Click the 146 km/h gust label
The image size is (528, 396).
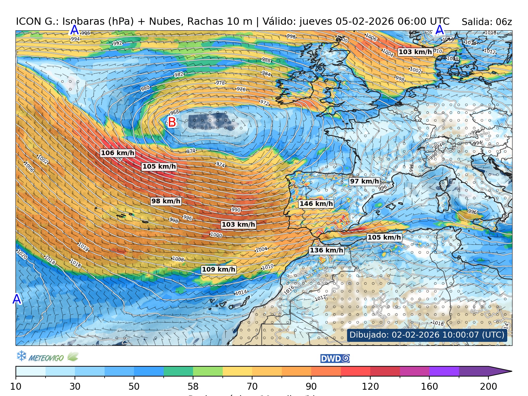[316, 204]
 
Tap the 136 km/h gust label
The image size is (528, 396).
[326, 250]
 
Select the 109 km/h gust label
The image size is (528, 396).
[218, 269]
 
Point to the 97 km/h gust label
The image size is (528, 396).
[364, 181]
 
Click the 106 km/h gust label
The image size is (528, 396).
[117, 153]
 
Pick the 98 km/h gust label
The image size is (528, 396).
[166, 201]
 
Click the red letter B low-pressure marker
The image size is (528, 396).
[172, 122]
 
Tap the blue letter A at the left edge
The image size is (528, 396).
[16, 299]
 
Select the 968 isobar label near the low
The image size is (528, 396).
[174, 113]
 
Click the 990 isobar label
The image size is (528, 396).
[236, 210]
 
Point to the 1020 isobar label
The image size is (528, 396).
[22, 254]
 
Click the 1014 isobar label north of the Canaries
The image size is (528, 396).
[241, 292]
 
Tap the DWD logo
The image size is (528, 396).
[335, 359]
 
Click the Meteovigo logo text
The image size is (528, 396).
[46, 358]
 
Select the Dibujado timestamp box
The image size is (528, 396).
[427, 335]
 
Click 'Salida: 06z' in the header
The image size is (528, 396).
[486, 22]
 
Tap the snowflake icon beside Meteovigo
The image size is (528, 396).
[21, 356]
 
